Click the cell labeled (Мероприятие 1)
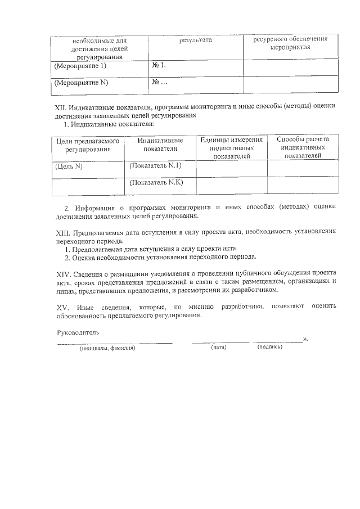click(x=80, y=66)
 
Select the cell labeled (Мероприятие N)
click(x=81, y=83)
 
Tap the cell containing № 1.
click(x=159, y=66)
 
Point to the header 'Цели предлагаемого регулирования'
click(x=87, y=145)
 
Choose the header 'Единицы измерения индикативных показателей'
click(x=231, y=148)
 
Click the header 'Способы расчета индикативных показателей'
click(x=303, y=147)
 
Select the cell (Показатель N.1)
click(x=155, y=166)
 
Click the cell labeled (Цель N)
click(x=69, y=166)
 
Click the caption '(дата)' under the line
click(x=219, y=348)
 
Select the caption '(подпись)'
click(x=270, y=347)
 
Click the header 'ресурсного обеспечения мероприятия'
click(x=290, y=44)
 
